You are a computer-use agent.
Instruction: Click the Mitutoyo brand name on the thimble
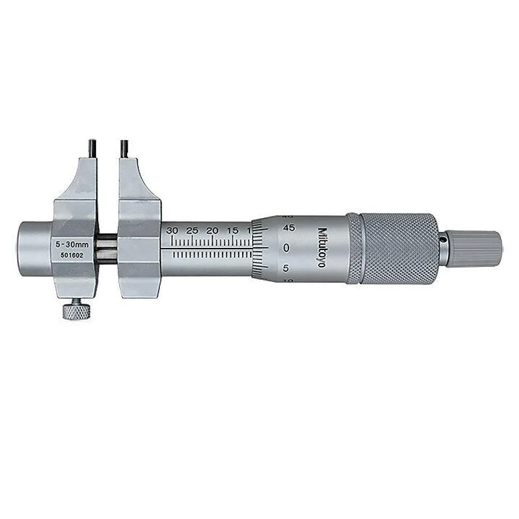coord(321,248)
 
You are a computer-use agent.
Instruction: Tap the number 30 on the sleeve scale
coord(172,230)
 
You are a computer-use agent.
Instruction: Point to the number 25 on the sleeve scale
coord(193,230)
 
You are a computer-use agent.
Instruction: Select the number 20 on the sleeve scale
coord(213,230)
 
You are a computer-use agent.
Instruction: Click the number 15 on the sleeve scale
coord(233,230)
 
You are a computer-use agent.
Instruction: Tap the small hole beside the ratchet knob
coord(441,236)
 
